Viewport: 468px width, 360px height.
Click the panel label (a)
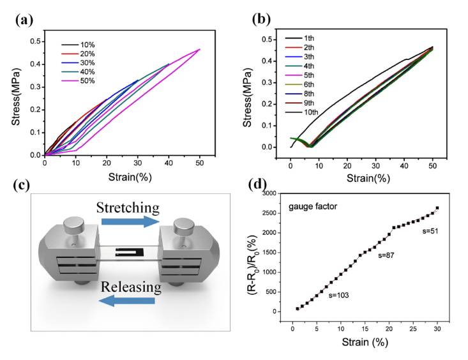pos(26,19)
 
